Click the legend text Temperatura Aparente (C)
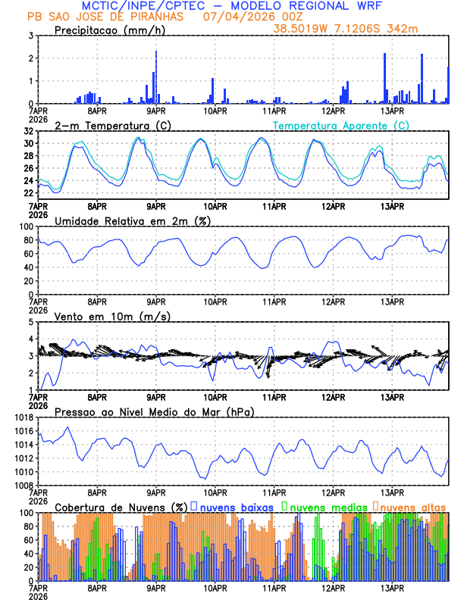340,125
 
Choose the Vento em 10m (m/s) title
112,316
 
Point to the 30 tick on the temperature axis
27,143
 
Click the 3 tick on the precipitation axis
30,36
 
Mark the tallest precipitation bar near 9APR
156,77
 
